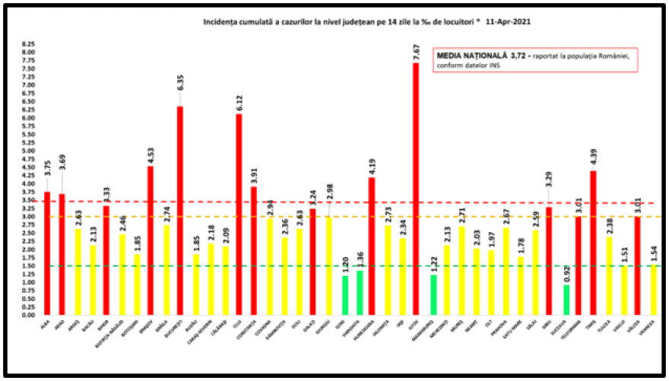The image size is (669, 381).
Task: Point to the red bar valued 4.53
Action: click(151, 240)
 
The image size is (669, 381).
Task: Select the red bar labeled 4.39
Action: click(593, 243)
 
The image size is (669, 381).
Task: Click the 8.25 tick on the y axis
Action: click(27, 44)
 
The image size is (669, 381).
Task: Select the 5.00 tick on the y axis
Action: click(27, 151)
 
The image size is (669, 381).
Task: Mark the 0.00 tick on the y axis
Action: click(27, 315)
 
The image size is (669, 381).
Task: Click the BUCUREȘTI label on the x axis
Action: click(180, 329)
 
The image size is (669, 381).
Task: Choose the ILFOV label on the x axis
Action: click(416, 323)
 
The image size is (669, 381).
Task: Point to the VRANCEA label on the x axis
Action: click(652, 327)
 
